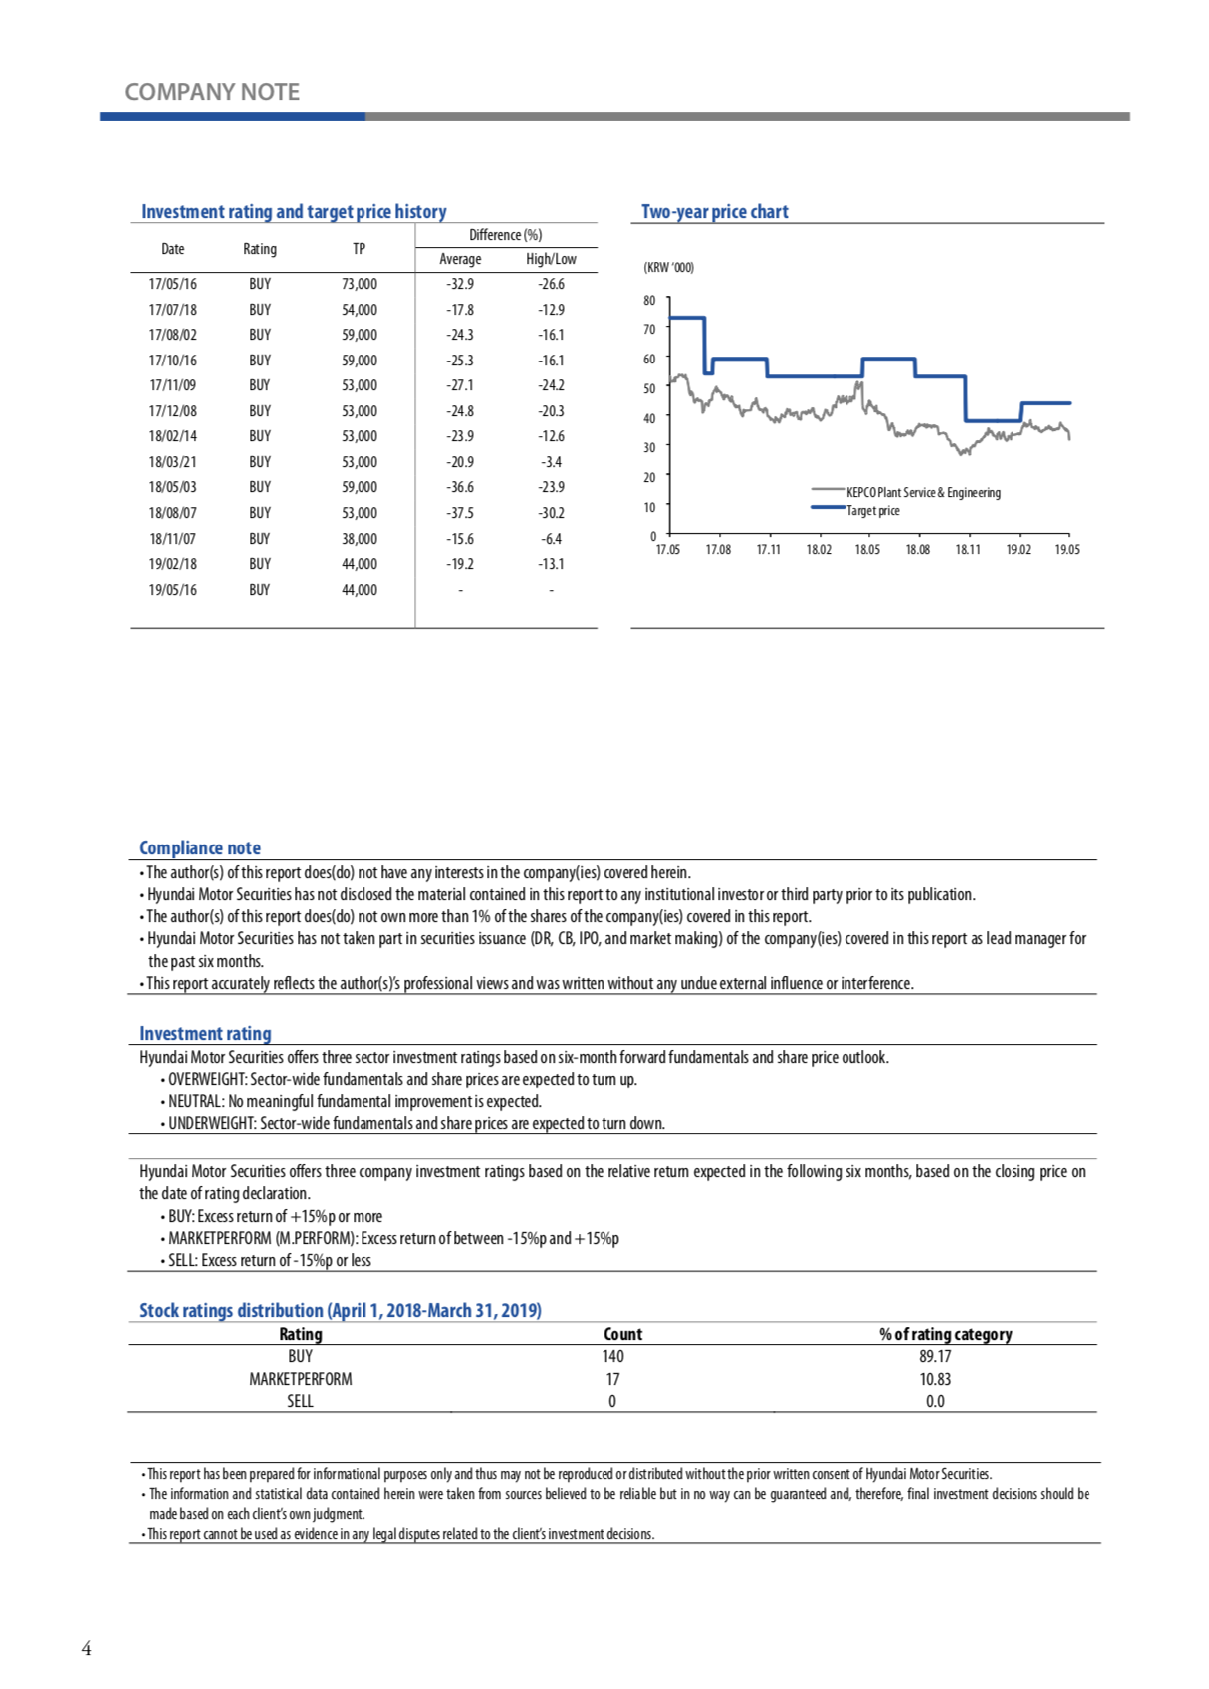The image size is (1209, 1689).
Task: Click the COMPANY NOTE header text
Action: (212, 92)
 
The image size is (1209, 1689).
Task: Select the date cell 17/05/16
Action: (173, 284)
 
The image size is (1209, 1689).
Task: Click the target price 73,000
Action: (359, 284)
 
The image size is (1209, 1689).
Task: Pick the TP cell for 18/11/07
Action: (359, 539)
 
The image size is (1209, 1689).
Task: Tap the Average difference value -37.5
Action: (460, 513)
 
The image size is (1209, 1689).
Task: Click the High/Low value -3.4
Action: (551, 462)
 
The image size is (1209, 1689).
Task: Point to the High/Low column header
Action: (551, 259)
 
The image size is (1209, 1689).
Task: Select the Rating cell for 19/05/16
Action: (260, 590)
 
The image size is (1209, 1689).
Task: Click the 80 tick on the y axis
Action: (649, 300)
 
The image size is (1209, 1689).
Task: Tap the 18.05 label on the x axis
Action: (867, 550)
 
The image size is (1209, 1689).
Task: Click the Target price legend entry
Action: (872, 511)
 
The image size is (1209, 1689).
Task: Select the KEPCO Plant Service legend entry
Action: (922, 493)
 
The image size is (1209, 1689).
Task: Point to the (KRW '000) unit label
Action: (669, 268)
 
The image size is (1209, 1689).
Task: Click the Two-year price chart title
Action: (714, 211)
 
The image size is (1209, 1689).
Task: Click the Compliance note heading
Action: (200, 847)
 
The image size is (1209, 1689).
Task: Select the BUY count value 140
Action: (612, 1356)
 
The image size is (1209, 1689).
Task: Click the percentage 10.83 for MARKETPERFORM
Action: (935, 1379)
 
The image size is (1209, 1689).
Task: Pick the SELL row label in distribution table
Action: (300, 1401)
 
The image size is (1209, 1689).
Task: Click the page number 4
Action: (86, 1649)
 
